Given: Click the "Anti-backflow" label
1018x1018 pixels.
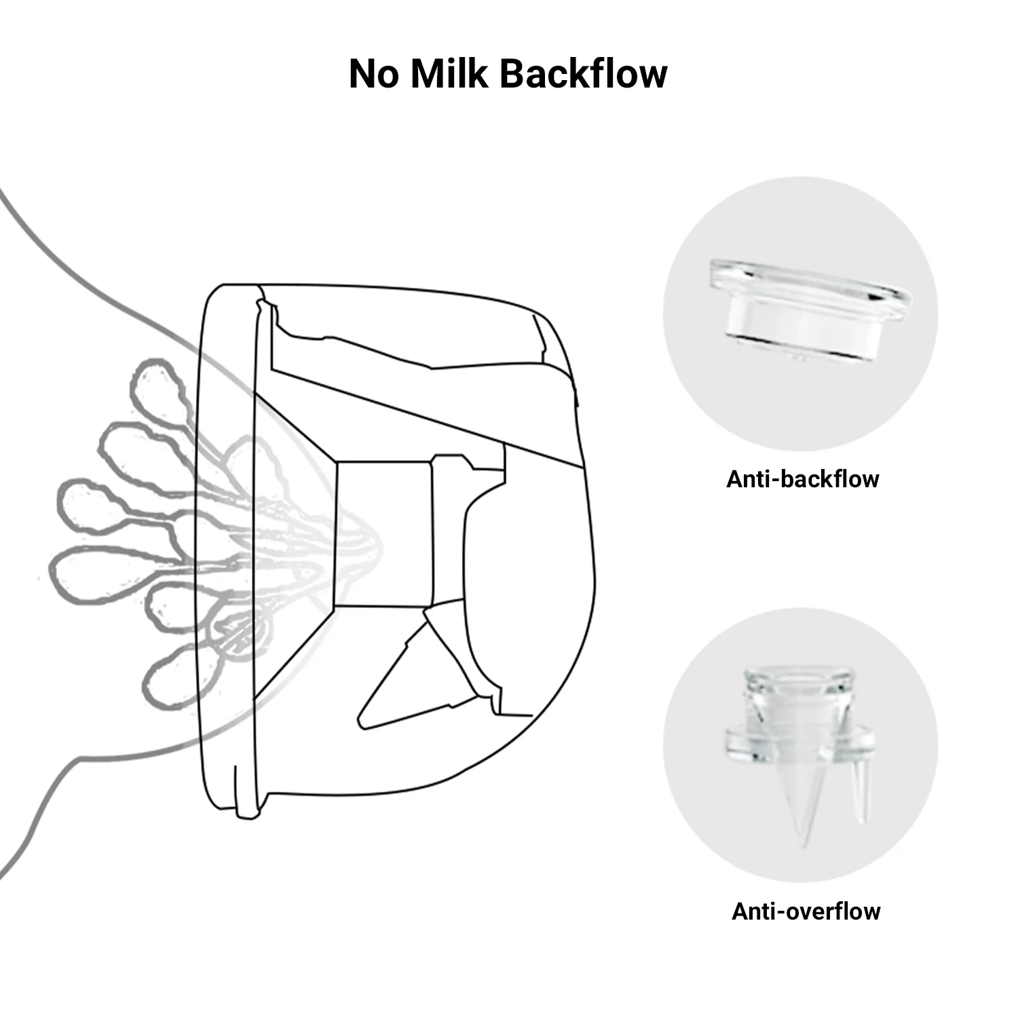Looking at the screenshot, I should (802, 479).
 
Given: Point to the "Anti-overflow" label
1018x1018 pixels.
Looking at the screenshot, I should (806, 911).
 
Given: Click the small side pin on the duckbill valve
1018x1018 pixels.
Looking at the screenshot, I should (859, 794).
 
